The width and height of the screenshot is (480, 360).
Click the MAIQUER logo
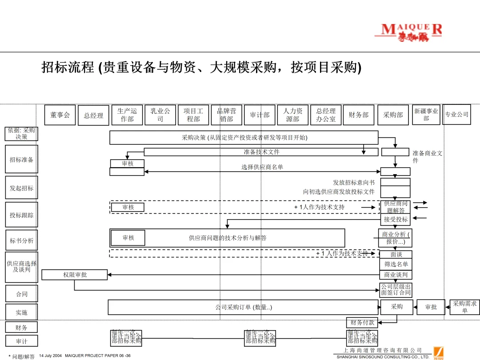pyautogui.click(x=412, y=32)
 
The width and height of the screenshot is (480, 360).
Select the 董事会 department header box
pyautogui.click(x=60, y=115)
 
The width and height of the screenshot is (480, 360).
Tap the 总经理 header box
pyautogui.click(x=93, y=116)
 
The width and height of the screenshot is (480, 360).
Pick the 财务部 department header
pyautogui.click(x=359, y=115)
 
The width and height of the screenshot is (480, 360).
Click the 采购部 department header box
pyautogui.click(x=393, y=115)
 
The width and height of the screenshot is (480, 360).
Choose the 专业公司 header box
pyautogui.click(x=457, y=114)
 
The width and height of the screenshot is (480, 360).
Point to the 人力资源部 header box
pyautogui.click(x=293, y=115)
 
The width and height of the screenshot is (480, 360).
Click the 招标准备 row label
pyautogui.click(x=21, y=160)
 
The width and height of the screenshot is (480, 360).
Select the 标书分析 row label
pyautogui.click(x=21, y=241)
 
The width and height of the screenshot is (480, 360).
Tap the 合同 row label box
pyautogui.click(x=21, y=294)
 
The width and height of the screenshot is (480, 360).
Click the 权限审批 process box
pyautogui.click(x=75, y=275)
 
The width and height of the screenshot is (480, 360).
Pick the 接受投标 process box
pyautogui.click(x=396, y=219)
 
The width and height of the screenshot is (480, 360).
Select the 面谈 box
pyautogui.click(x=396, y=255)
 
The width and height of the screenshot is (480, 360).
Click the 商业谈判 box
pyautogui.click(x=396, y=275)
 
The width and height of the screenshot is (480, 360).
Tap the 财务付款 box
pyautogui.click(x=362, y=323)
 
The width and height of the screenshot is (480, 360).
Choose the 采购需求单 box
pyautogui.click(x=465, y=307)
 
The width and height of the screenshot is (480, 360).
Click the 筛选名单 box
pyautogui.click(x=396, y=264)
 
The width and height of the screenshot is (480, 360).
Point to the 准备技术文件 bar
pyautogui.click(x=261, y=152)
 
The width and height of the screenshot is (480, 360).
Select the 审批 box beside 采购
pyautogui.click(x=431, y=307)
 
